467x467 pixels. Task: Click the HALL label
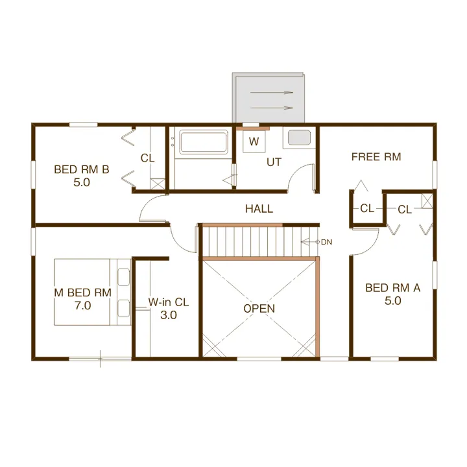click(259, 209)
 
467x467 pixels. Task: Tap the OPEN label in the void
click(259, 309)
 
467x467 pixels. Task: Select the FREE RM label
click(376, 157)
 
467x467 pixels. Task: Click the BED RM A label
click(393, 288)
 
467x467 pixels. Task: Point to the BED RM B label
click(82, 169)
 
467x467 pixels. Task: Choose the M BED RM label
click(83, 293)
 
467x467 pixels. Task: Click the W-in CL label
click(169, 302)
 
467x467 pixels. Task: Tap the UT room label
click(274, 162)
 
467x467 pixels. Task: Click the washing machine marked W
click(254, 141)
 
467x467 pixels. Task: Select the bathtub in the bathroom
click(204, 142)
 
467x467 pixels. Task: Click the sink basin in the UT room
click(299, 138)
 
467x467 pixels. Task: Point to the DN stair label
click(326, 242)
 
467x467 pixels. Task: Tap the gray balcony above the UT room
click(269, 97)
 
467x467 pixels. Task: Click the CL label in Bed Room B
click(148, 158)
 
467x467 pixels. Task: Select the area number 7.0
click(83, 305)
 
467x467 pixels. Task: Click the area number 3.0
click(169, 315)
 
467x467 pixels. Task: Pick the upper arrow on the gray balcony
click(272, 92)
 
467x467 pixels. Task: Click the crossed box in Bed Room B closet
click(158, 184)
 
